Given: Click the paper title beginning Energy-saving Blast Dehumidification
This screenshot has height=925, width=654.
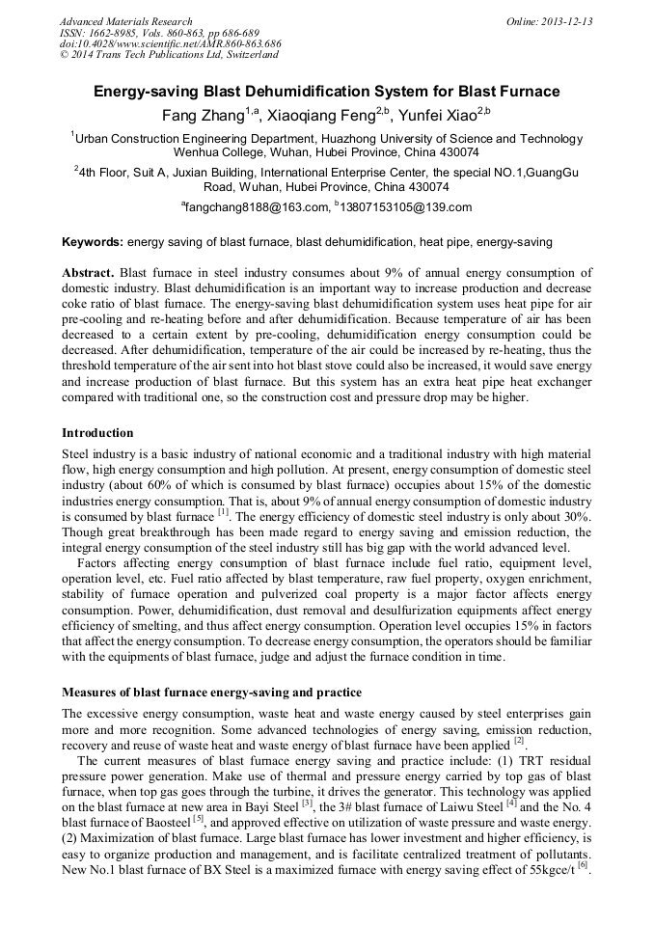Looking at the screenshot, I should tap(326, 92).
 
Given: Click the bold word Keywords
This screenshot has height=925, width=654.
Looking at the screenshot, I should tap(92, 241).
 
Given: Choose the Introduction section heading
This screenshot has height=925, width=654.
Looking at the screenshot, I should tap(97, 433).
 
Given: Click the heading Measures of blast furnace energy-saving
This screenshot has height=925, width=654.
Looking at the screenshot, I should tap(211, 693).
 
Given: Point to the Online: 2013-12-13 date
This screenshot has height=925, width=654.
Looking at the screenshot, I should tap(549, 21).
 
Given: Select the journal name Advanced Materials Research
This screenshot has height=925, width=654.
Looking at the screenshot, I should tap(125, 21).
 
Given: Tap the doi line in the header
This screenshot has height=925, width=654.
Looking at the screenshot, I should tap(170, 44).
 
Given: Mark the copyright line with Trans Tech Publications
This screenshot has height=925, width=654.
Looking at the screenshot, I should tap(169, 55).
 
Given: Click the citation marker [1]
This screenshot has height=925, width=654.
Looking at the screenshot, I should tap(222, 513).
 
